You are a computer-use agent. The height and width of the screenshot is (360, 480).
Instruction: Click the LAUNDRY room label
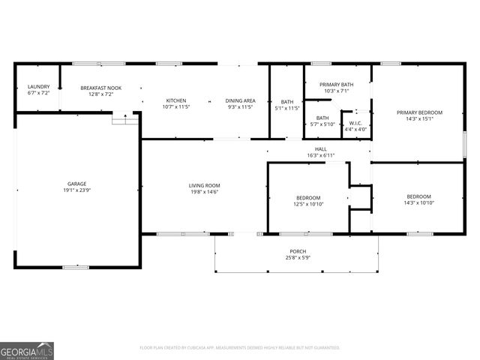pos(38,87)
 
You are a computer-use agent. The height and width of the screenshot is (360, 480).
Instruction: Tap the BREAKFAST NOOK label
pos(100,88)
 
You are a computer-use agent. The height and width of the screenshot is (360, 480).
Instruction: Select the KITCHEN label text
pos(176,100)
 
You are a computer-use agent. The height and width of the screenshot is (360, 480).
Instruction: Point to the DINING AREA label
pos(240,100)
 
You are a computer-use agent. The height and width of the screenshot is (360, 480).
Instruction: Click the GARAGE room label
pos(77,184)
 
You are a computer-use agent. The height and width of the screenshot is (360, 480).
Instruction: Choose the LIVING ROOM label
pos(203,185)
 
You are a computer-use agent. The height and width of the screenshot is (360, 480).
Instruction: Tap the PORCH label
pos(298,251)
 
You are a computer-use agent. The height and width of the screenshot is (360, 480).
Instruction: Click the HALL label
pos(320,149)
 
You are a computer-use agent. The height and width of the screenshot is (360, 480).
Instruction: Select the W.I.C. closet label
pos(355,123)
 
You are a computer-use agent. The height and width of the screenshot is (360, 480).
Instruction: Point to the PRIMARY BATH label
pos(336,85)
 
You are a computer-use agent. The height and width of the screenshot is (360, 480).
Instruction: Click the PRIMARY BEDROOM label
pos(419,112)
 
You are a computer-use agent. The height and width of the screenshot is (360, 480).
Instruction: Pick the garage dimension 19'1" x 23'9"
pos(77,190)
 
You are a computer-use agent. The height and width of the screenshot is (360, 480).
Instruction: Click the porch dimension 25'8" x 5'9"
pos(298,258)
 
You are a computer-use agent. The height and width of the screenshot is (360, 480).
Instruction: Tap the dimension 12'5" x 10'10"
pos(307,203)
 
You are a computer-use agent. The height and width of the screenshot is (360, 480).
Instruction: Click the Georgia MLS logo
pos(27,350)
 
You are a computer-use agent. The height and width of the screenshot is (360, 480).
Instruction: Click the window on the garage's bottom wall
pos(76,267)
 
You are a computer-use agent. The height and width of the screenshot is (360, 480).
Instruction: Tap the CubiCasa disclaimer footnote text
pos(240,348)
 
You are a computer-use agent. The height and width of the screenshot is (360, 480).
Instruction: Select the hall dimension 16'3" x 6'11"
pos(320,155)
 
